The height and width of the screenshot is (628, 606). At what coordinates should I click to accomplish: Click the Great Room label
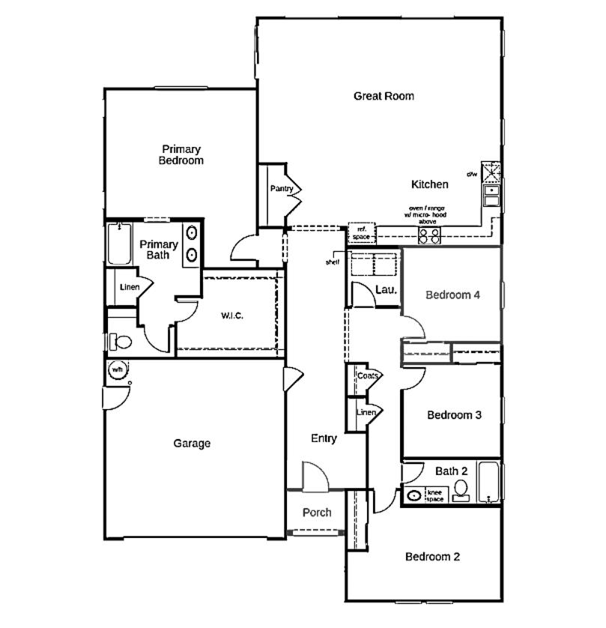(384, 96)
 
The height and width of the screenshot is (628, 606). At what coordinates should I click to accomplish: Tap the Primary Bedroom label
(181, 154)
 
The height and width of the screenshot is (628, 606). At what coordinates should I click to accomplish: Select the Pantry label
(282, 189)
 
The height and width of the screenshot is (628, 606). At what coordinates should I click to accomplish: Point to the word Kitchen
(430, 184)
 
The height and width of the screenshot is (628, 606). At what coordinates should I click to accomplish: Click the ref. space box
(361, 233)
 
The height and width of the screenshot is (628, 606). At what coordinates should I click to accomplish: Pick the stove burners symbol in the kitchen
(429, 235)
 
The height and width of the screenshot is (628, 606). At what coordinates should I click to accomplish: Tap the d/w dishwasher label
(472, 174)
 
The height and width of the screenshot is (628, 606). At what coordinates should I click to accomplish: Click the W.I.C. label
(231, 315)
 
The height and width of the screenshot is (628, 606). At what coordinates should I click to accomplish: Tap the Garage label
(192, 444)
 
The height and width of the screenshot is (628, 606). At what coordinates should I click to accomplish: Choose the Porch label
(317, 513)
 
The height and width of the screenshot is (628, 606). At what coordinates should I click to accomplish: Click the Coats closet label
(367, 375)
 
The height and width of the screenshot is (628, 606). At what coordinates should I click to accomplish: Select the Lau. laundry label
(385, 289)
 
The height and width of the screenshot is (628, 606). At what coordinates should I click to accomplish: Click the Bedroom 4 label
(452, 295)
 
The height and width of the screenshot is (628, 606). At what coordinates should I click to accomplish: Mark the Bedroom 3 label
(454, 415)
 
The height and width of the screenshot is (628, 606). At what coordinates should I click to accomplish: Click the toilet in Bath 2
(461, 491)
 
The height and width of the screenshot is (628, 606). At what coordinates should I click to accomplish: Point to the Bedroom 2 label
(432, 557)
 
